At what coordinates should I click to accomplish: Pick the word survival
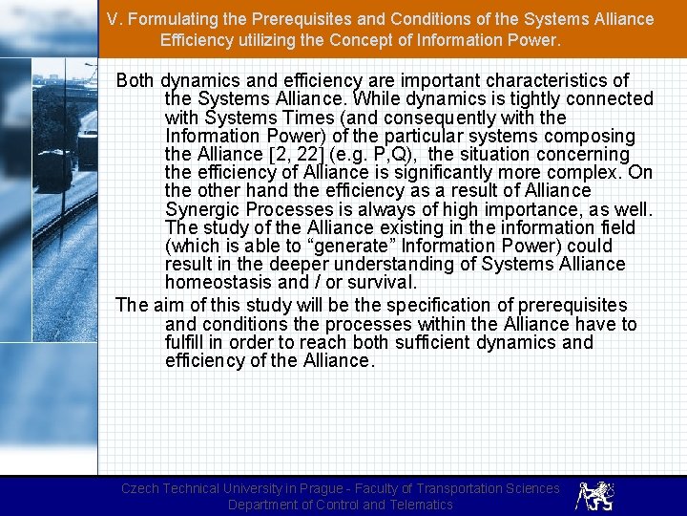pyautogui.click(x=384, y=283)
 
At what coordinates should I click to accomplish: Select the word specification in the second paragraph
pyautogui.click(x=372, y=306)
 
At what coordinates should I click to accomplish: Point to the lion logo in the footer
pyautogui.click(x=595, y=495)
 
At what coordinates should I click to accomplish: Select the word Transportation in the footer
pyautogui.click(x=467, y=488)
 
